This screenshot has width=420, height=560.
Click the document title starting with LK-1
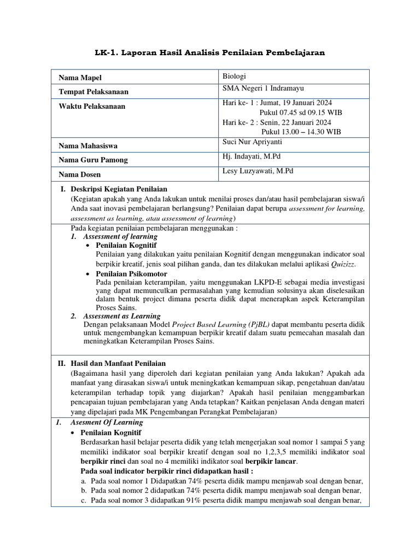[210, 52]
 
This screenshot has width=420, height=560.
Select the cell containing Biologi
[235, 76]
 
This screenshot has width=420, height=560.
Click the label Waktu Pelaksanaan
[92, 106]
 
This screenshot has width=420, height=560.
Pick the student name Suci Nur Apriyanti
[253, 142]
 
